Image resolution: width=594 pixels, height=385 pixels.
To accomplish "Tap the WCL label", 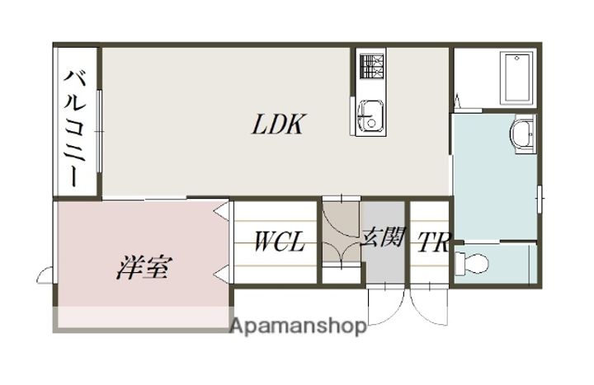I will [x=279, y=242].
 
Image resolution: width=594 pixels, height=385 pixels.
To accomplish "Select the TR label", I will [x=433, y=243].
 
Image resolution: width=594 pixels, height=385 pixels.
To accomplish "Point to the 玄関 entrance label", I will [x=382, y=238].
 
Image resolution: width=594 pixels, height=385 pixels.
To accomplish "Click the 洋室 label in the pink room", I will [x=143, y=267].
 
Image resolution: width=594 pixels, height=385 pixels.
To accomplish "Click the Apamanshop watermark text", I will [x=298, y=326].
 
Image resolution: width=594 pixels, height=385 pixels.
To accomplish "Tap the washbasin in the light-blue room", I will [x=521, y=133].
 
